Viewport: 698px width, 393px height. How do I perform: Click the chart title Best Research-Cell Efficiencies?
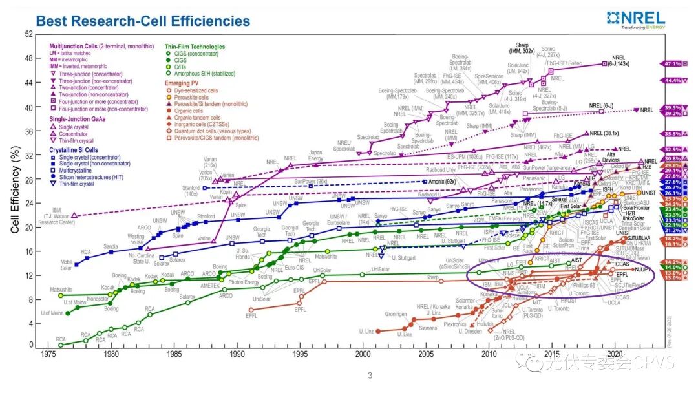[x=143, y=21]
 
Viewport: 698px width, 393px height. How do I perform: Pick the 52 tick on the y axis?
[x=28, y=34]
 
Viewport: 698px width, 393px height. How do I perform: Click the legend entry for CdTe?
[x=182, y=67]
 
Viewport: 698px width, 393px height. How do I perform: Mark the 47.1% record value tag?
[x=670, y=63]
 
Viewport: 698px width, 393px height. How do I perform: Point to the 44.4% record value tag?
[x=670, y=80]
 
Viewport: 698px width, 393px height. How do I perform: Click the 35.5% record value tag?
[x=670, y=134]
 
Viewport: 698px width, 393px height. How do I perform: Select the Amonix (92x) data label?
[x=443, y=183]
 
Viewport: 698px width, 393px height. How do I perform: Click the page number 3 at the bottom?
[x=370, y=376]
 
